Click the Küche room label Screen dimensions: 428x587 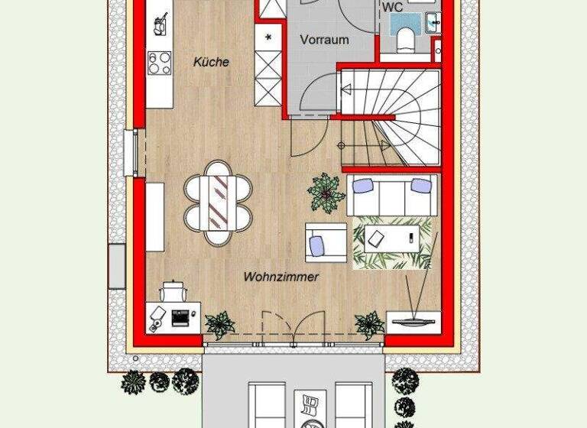tap(211, 63)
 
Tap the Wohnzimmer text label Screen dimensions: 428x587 tap(281, 277)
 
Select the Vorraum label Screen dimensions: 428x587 tap(324, 40)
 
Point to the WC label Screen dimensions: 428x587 tap(393, 8)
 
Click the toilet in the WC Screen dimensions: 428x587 tap(404, 35)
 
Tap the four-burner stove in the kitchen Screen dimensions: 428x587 tap(161, 62)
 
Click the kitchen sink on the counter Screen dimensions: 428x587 tap(160, 24)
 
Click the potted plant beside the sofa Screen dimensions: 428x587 tap(327, 192)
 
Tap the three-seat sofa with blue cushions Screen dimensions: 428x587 tap(392, 194)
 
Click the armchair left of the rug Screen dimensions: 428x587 tap(326, 242)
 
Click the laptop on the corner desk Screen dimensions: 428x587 tap(182, 316)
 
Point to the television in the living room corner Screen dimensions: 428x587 tap(414, 317)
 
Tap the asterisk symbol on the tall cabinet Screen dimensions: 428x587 tap(268, 36)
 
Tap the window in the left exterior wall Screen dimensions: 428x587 tap(131, 153)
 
